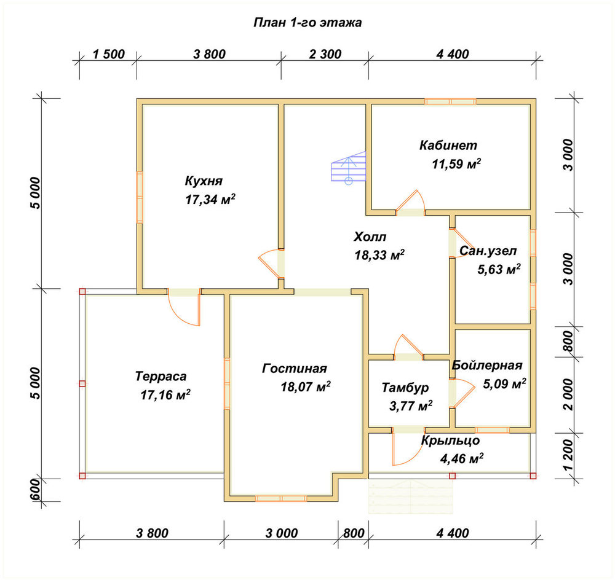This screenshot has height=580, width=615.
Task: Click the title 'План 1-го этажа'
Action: (x=307, y=23)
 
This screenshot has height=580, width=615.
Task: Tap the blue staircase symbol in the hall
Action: (x=348, y=167)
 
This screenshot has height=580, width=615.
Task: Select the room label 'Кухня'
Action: (x=204, y=181)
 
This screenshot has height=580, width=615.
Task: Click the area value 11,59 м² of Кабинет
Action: (x=456, y=163)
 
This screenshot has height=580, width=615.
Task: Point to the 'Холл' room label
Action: (x=370, y=237)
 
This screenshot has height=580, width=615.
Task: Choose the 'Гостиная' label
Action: (x=294, y=369)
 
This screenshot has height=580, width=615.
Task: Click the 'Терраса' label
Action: (x=161, y=376)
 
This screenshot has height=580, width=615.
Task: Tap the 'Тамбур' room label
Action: (x=405, y=388)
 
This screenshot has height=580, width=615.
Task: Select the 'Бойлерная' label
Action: (x=487, y=365)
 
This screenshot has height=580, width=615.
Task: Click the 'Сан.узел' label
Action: (x=488, y=251)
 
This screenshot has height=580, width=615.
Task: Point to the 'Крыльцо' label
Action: (x=450, y=441)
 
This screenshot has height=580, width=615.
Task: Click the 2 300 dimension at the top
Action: (x=325, y=54)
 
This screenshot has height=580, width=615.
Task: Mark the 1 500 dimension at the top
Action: (x=109, y=54)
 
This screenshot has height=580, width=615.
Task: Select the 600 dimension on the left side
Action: (x=35, y=490)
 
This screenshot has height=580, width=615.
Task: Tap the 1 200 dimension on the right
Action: (x=568, y=455)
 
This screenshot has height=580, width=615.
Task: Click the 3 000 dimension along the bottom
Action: (x=282, y=533)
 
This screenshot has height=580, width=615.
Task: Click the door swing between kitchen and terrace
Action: (x=184, y=310)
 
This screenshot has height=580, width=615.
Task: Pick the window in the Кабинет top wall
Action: (x=450, y=101)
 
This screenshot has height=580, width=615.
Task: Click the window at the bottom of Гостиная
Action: (x=281, y=498)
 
